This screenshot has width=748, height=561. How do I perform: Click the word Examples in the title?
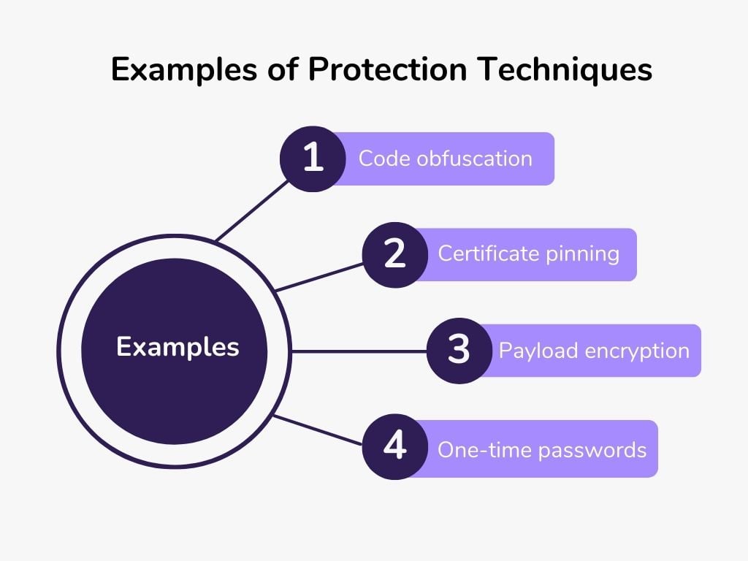(184, 69)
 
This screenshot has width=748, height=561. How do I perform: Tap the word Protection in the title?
(387, 69)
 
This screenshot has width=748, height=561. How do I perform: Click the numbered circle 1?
(313, 159)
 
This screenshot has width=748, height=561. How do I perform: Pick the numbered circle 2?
(395, 255)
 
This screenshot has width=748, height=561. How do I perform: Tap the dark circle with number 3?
(459, 351)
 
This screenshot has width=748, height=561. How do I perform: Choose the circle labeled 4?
(395, 446)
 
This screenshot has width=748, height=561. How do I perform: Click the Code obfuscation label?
(445, 159)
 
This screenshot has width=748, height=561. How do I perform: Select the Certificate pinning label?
(529, 253)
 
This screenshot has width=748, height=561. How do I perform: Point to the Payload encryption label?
(594, 351)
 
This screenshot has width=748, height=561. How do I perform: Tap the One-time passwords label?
(542, 450)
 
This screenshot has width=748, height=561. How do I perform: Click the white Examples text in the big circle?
(178, 347)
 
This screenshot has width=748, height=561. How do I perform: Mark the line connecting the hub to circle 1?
(252, 210)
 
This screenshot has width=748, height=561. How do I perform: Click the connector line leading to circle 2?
(319, 277)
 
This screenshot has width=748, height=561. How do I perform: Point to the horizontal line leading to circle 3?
(359, 351)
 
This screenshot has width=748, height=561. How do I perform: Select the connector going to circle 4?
(318, 430)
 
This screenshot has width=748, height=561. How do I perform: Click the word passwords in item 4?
(592, 451)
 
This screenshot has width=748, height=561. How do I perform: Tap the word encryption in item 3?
(637, 351)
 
